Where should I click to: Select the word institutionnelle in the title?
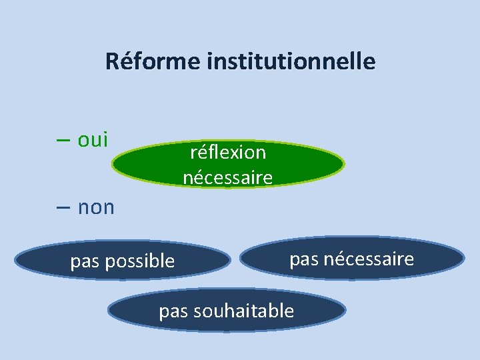[x=291, y=62]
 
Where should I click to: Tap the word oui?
[x=93, y=140]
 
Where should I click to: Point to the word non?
[x=96, y=207]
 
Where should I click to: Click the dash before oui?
[x=65, y=141]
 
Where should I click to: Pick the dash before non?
[x=65, y=207]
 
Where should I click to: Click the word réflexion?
[x=228, y=153]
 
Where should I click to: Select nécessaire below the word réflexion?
[x=228, y=178]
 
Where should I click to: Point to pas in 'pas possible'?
[x=83, y=261]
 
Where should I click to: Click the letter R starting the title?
[x=111, y=62]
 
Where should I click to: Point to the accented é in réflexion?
[x=200, y=153]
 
